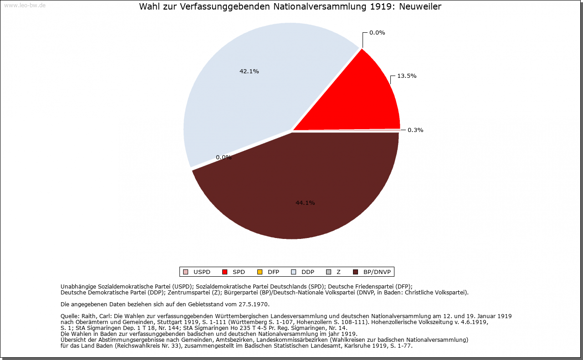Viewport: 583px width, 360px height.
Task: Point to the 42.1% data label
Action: [249, 71]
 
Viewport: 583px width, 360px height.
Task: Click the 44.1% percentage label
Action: [305, 203]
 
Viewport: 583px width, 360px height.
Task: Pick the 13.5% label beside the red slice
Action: [407, 76]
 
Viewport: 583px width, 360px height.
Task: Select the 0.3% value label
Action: [415, 130]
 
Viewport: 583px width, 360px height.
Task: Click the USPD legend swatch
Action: [185, 272]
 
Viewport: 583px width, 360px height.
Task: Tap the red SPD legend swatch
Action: [225, 272]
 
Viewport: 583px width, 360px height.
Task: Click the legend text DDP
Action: [308, 272]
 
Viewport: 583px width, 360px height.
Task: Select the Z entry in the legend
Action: [338, 272]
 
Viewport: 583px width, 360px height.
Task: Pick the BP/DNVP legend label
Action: [377, 272]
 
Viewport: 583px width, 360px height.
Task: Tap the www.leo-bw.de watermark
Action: [25, 5]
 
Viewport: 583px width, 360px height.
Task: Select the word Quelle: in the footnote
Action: [71, 316]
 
